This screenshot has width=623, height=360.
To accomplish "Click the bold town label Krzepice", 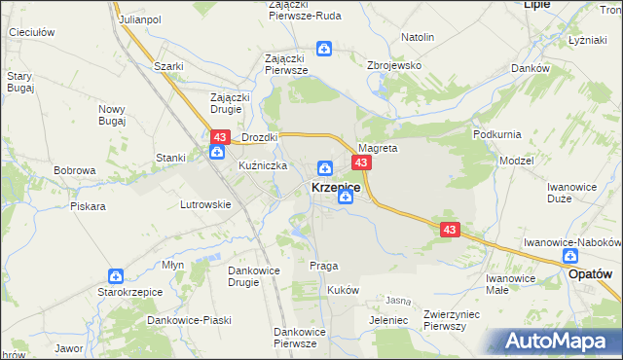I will click(x=336, y=187).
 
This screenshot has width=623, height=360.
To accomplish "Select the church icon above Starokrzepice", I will click(x=116, y=276).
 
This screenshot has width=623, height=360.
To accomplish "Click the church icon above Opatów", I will click(x=570, y=256).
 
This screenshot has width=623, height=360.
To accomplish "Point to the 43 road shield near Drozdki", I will click(x=219, y=138).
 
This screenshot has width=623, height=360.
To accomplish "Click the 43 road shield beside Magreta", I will click(x=361, y=162).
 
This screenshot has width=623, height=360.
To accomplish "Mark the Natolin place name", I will click(x=417, y=37).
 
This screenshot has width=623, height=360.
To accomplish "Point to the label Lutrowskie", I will click(x=205, y=204).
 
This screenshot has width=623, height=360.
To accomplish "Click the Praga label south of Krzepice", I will click(x=323, y=266).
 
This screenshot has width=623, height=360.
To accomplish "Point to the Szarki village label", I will click(x=169, y=66).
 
